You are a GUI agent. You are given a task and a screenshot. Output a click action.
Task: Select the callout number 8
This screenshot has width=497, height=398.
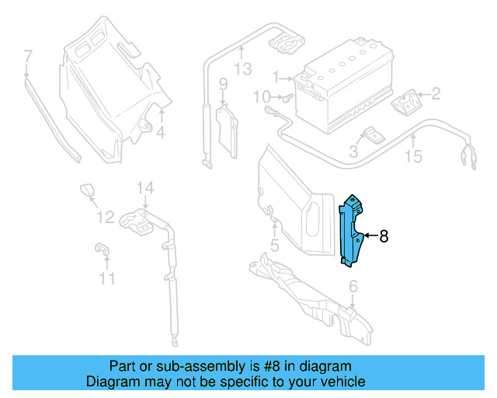[383, 235]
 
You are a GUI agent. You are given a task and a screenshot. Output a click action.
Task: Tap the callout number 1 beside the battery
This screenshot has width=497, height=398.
[275, 77]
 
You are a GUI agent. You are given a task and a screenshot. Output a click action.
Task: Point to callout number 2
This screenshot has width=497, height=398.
[436, 94]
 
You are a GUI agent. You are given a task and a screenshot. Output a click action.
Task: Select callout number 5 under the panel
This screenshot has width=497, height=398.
[273, 247]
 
